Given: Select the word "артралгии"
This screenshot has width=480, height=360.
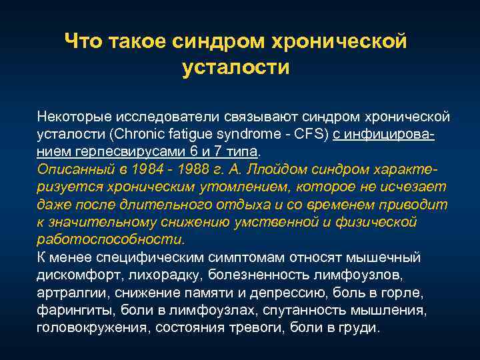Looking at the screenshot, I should [73, 293].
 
